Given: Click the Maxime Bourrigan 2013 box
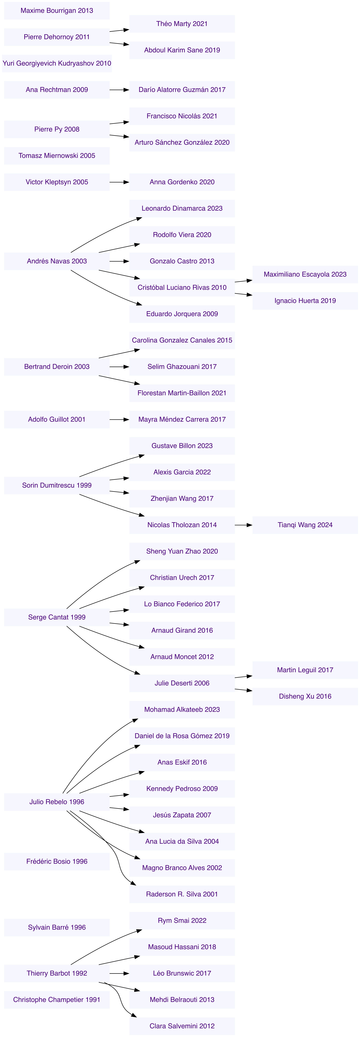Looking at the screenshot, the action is (57, 10).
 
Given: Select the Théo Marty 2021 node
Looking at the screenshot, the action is (182, 24).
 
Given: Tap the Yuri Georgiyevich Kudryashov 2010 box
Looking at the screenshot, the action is (57, 63).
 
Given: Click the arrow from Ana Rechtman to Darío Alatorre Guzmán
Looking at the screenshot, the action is (119, 90).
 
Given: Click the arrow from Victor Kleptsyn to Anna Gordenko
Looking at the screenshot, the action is (119, 182).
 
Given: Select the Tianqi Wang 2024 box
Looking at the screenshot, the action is (305, 525).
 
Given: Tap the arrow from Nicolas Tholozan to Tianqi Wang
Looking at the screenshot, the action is (244, 525).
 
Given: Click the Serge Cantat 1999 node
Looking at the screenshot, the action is (57, 617).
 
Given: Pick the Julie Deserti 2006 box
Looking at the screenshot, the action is (182, 683).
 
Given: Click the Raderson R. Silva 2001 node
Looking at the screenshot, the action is (182, 894).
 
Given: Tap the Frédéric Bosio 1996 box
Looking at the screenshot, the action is (57, 861).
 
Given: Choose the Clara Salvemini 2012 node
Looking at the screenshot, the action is (182, 1026).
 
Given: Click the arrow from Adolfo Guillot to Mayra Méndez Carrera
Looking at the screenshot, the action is (119, 419).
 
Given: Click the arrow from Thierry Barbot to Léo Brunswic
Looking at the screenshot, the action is (119, 973).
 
